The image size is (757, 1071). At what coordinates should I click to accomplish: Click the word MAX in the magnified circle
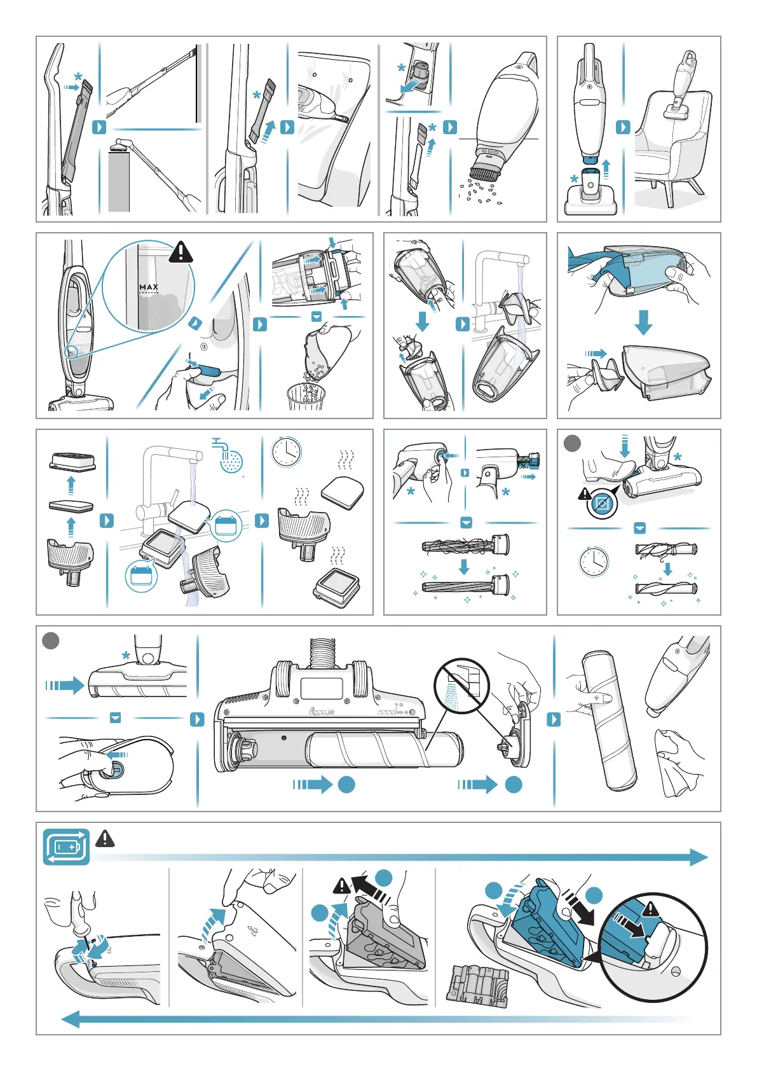(x=149, y=286)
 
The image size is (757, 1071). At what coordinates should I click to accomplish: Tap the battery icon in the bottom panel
(x=66, y=846)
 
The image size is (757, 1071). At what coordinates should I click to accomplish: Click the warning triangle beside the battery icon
(x=105, y=838)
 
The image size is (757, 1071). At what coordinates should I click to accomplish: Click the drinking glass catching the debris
(x=306, y=398)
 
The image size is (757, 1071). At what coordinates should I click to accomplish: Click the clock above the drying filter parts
(x=286, y=452)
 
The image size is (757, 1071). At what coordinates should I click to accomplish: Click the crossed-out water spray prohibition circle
(x=461, y=686)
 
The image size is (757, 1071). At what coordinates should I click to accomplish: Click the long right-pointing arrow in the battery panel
(x=399, y=857)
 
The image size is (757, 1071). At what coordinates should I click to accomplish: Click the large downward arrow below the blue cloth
(x=643, y=322)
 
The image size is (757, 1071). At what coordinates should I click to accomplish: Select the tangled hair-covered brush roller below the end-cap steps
(x=465, y=545)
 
